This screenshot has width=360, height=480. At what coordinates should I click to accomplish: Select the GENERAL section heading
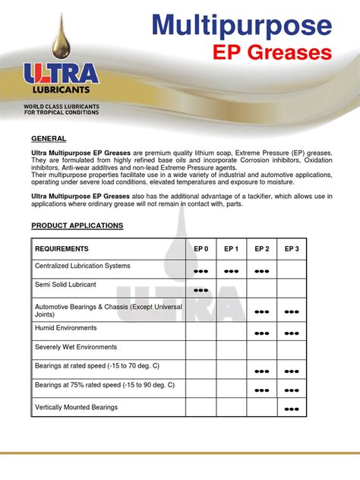tap(49, 139)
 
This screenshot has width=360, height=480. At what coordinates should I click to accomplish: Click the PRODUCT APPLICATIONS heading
tap(77, 226)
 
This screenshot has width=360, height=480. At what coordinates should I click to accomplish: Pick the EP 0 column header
tap(201, 249)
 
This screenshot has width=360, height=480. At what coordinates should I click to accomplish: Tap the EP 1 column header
tap(232, 249)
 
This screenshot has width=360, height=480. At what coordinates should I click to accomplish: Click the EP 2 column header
tap(262, 249)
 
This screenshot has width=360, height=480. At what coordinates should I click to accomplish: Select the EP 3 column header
tap(292, 249)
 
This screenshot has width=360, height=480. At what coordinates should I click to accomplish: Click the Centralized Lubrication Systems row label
tap(83, 266)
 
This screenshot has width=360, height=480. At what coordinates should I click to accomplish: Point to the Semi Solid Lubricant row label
tap(65, 285)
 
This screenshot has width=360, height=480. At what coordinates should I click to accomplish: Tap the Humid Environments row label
tap(66, 328)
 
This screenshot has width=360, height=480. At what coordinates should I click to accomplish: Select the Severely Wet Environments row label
tap(76, 347)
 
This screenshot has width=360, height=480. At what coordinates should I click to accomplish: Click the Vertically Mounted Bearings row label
tap(77, 408)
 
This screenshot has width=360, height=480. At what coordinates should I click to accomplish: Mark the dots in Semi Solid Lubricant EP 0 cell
tap(201, 290)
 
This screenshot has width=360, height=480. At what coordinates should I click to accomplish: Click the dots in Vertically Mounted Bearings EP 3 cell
tap(292, 410)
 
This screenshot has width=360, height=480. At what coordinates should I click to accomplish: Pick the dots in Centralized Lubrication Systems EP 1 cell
tap(232, 270)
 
